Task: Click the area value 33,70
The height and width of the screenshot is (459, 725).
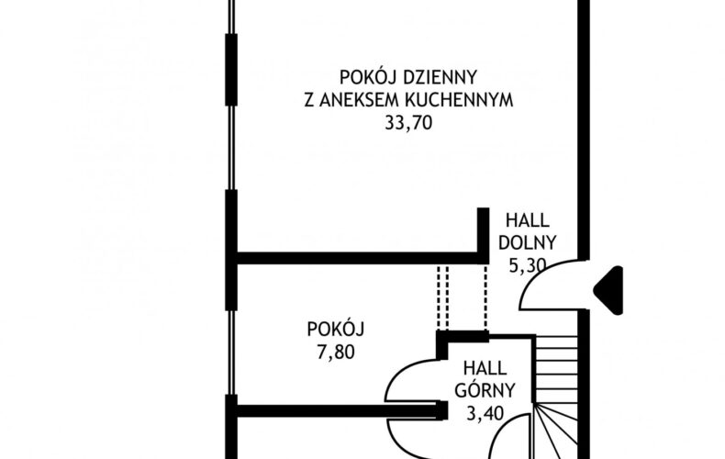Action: click(x=408, y=123)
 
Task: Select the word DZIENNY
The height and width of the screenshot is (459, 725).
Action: click(x=440, y=77)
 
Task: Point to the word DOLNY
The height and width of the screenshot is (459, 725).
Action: click(x=527, y=243)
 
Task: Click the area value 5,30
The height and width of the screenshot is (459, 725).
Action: click(x=528, y=265)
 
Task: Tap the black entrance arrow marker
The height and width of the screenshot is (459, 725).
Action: click(x=608, y=290)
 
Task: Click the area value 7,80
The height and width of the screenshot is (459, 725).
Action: click(x=336, y=353)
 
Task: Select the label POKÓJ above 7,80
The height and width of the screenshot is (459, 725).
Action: click(x=336, y=329)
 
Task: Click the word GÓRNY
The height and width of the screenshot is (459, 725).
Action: click(x=485, y=390)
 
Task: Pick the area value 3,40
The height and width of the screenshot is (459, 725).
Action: click(x=485, y=413)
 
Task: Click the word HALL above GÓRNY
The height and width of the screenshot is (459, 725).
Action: click(x=485, y=369)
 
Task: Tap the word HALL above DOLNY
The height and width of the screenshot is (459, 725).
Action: click(x=527, y=220)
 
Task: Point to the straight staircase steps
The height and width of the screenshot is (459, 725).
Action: click(x=556, y=369)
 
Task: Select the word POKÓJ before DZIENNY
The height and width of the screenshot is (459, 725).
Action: click(x=369, y=77)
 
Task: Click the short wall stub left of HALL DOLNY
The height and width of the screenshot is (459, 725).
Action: click(x=483, y=233)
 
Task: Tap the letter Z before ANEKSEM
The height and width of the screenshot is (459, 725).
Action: click(x=309, y=100)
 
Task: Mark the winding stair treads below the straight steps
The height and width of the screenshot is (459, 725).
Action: click(x=556, y=431)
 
